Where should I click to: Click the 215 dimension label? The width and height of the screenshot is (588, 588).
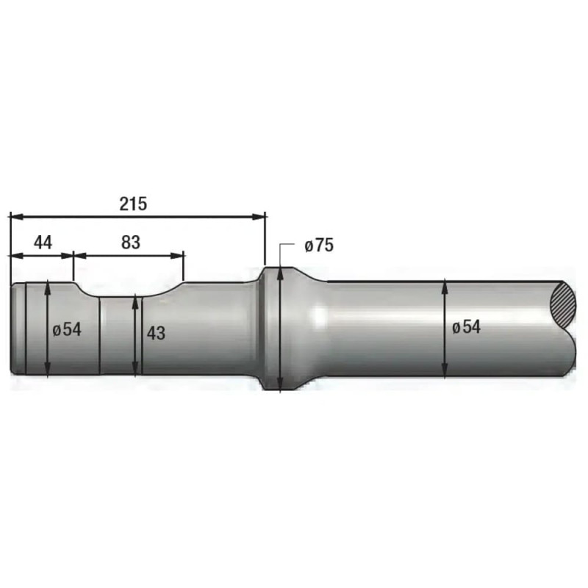click(133, 204)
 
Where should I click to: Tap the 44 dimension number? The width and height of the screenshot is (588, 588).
click(43, 243)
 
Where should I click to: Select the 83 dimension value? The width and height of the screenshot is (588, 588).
click(131, 243)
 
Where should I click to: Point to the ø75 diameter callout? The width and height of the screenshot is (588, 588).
click(319, 245)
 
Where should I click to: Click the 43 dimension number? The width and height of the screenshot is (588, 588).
click(156, 333)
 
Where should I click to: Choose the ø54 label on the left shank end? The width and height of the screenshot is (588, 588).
click(67, 329)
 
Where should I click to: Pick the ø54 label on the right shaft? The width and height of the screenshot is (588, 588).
click(466, 327)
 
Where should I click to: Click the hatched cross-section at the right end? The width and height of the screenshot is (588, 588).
click(562, 304)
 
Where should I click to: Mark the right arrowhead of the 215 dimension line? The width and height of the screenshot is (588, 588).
click(259, 217)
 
